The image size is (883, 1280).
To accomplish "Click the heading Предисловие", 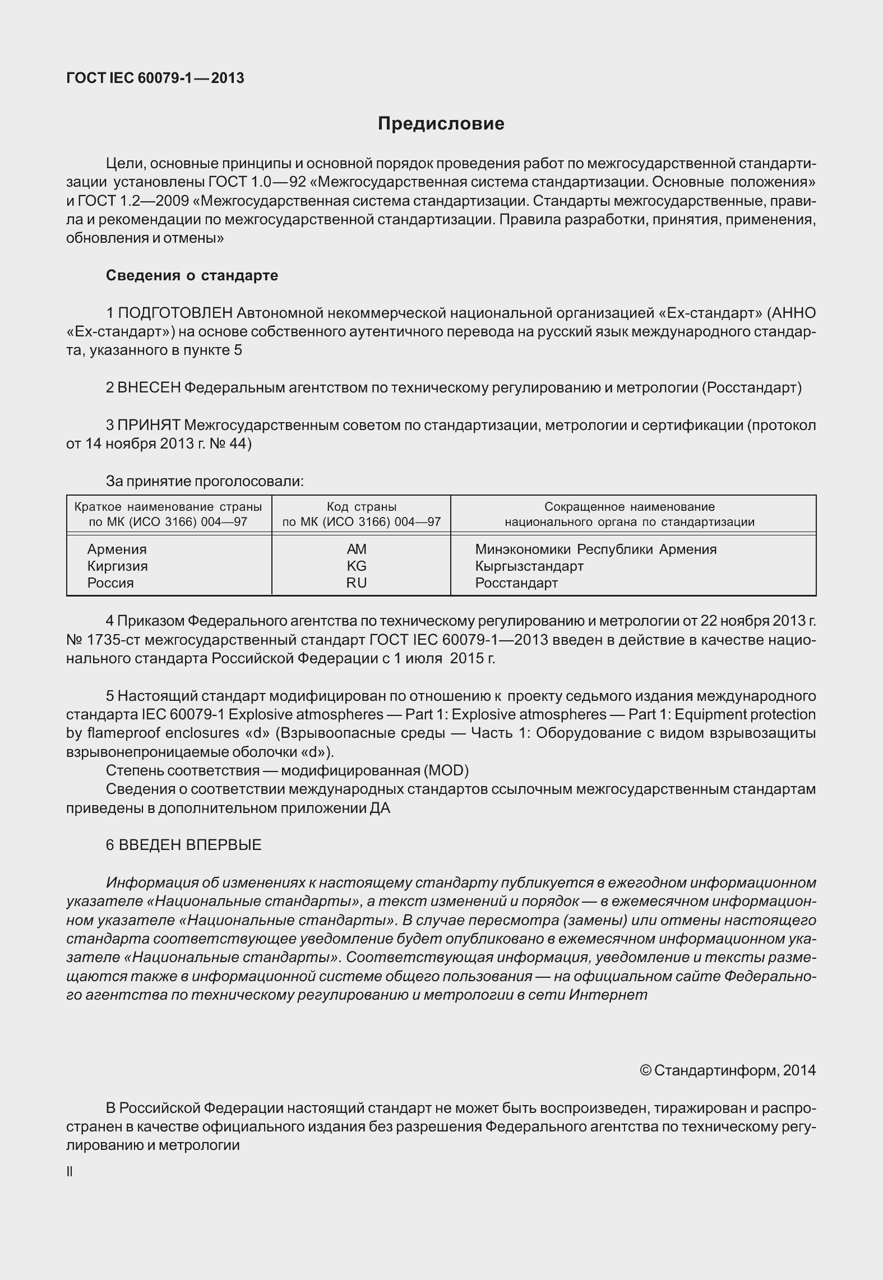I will pos(441,123).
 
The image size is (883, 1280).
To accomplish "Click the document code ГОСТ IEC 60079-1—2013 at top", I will pos(155,78).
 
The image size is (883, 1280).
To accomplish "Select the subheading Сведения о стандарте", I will pos(192,275).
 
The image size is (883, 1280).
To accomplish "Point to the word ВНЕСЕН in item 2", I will pos(149,387).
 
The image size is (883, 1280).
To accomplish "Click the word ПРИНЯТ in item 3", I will pos(149,425).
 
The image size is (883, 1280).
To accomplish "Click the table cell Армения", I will pos(117,549).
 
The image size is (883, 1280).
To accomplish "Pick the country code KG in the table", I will pos(357,566).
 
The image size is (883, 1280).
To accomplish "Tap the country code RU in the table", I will pos(357,583).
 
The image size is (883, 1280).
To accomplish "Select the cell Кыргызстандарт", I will pos(529,566).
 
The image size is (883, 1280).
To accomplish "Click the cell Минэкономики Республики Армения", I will pos(595,549).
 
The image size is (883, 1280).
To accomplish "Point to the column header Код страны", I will pos(362,507).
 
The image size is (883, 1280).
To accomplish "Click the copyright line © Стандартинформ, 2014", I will pos(727,1070).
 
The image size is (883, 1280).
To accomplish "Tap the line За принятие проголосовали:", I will pos(205,481).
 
